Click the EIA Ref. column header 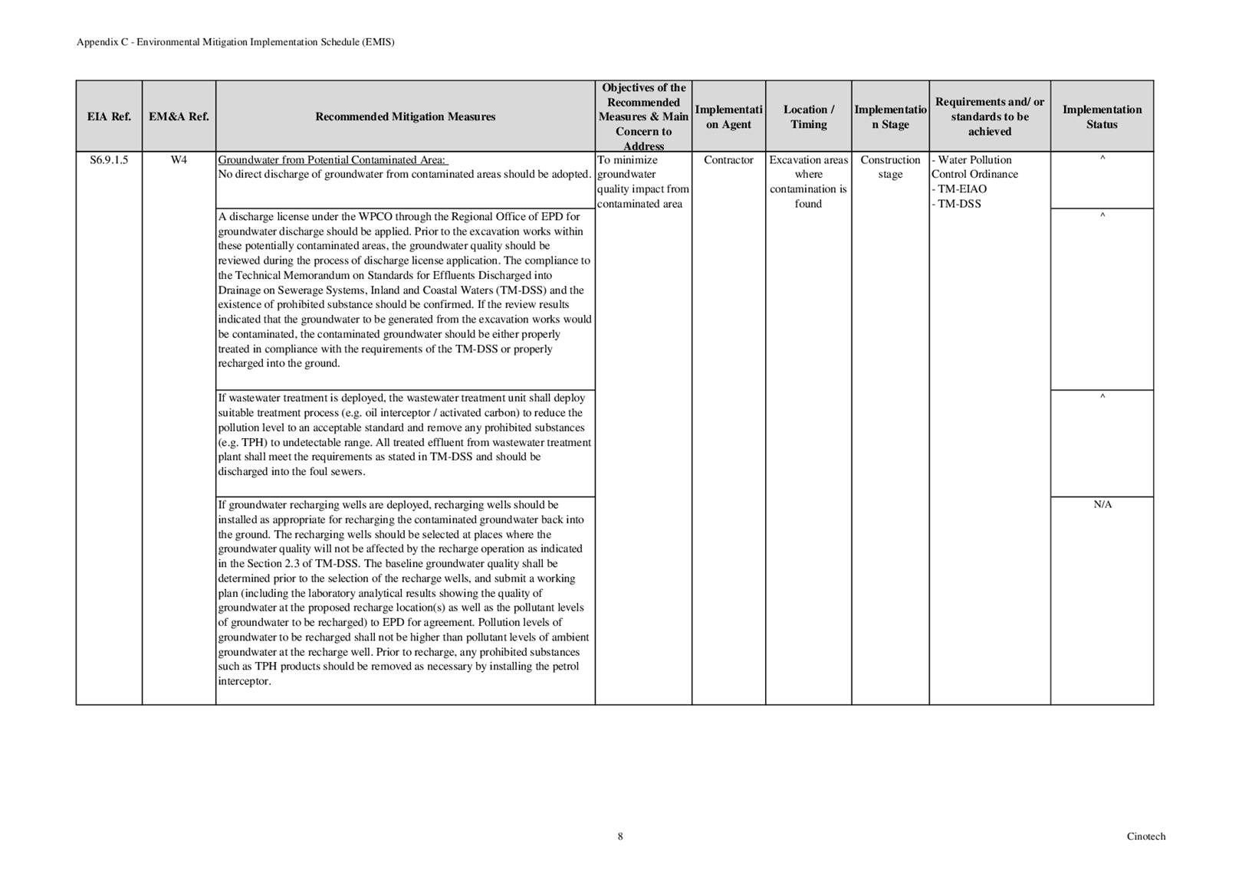(x=109, y=116)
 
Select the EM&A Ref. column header (x=179, y=116)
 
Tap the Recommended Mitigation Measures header (x=405, y=116)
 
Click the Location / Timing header (x=808, y=116)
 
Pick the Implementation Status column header (x=1102, y=116)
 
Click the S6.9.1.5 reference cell (x=109, y=160)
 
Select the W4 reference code (x=179, y=160)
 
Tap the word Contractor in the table (x=728, y=160)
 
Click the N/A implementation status (x=1102, y=504)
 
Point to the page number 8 (x=620, y=836)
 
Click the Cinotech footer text (x=1145, y=836)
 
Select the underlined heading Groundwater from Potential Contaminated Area (x=333, y=160)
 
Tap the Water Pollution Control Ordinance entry (x=974, y=167)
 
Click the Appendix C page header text (x=235, y=42)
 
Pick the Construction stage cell (x=890, y=167)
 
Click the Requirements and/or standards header (x=989, y=116)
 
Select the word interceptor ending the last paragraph (x=244, y=681)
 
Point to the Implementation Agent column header (x=728, y=116)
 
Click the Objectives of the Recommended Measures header (x=643, y=116)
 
